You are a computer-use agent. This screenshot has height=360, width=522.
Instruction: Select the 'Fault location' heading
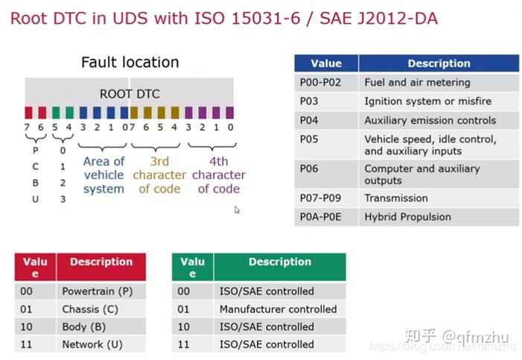coord(130,63)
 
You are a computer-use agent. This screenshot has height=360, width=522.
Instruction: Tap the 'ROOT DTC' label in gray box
coord(130,94)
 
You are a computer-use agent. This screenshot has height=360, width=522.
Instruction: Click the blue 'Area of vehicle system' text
coord(104,175)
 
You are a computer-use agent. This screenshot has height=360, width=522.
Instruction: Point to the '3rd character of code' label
coord(159,175)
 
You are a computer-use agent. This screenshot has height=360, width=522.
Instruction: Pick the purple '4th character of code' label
coord(218,175)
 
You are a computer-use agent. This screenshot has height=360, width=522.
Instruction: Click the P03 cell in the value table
coord(309,101)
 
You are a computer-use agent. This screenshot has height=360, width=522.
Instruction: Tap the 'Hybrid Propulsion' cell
coord(407,217)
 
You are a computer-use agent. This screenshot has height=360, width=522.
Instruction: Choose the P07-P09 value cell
coord(319,198)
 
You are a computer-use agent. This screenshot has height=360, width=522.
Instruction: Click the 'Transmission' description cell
coord(396,198)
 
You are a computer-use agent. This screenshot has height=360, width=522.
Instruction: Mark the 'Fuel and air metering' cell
coord(417,83)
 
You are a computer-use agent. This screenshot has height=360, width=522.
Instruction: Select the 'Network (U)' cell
coord(92,344)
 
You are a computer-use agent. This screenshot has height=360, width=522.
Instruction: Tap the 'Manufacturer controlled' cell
coord(278,309)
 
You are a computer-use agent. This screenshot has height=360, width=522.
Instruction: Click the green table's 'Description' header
coord(280,262)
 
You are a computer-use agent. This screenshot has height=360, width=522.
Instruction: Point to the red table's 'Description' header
coord(101,262)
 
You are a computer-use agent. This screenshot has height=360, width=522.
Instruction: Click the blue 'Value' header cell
coord(326,63)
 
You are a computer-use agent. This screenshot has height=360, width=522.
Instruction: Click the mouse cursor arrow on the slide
coord(238,210)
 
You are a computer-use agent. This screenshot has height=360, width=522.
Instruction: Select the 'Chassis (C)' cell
coord(91,309)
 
